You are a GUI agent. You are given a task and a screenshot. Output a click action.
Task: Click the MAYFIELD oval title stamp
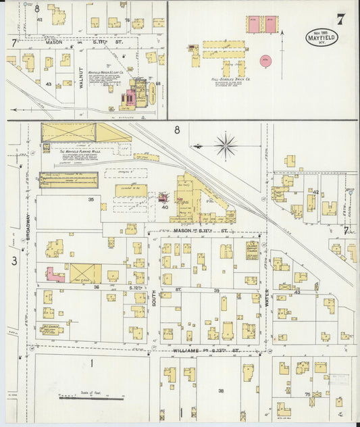click(x=322, y=37)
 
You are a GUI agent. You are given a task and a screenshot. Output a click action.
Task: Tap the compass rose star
click(x=226, y=145)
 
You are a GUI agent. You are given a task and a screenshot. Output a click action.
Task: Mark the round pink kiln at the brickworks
click(x=265, y=60)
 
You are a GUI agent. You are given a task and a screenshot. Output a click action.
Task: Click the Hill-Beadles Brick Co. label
click(x=223, y=80)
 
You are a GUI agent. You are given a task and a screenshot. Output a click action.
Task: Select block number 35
click(x=91, y=199)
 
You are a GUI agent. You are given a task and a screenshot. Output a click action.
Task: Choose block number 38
click(x=220, y=390)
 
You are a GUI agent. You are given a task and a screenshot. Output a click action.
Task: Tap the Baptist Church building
click(x=252, y=249)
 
